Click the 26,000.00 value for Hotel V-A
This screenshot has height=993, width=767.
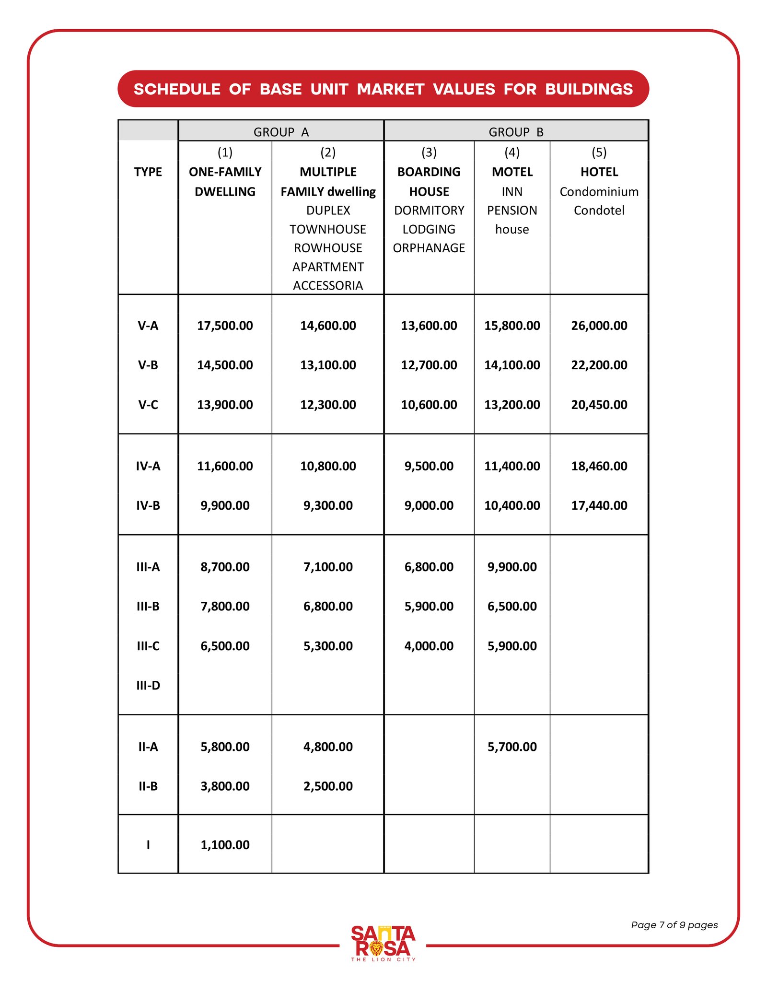[x=599, y=326]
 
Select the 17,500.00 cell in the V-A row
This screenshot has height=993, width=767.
[x=225, y=326]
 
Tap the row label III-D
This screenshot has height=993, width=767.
[x=148, y=685]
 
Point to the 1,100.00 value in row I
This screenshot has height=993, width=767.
[x=225, y=845]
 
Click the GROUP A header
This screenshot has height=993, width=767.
[x=281, y=132]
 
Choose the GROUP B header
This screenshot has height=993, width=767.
[x=516, y=132]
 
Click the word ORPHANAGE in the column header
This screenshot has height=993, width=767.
[x=429, y=248]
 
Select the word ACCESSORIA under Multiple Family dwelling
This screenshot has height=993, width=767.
[x=328, y=286]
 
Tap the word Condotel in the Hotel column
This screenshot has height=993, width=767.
[x=599, y=210]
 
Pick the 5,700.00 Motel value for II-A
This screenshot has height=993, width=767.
[x=512, y=747]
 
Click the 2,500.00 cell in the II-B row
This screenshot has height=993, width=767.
[x=328, y=786]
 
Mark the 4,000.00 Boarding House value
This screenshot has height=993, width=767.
[x=429, y=646]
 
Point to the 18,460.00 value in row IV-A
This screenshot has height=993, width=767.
[x=599, y=466]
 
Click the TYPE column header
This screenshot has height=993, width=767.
[x=148, y=172]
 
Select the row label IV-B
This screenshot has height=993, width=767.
[x=148, y=505]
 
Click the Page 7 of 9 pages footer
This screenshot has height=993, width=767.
[x=674, y=925]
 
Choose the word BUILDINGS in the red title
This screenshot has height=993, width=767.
[x=589, y=89]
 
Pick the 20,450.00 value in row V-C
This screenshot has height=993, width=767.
[x=599, y=405]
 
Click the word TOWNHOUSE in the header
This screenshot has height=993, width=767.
[x=328, y=229]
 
